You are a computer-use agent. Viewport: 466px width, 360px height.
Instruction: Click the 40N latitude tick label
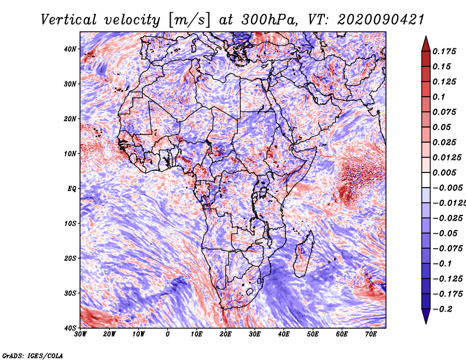[x=70, y=49]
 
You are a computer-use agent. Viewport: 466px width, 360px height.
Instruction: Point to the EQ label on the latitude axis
[x=72, y=189]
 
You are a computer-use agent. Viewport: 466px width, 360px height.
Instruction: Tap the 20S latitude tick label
[x=70, y=258]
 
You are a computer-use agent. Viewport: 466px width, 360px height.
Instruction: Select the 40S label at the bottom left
[x=70, y=328]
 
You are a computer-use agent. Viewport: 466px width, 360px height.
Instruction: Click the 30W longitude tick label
[x=80, y=334]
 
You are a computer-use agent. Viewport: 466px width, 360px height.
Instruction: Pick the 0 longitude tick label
[x=168, y=334]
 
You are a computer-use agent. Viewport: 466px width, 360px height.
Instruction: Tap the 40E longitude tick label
[x=284, y=334]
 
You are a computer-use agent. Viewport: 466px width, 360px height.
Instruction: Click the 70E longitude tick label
[x=371, y=334]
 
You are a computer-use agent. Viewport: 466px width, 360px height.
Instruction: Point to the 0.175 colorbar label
[x=444, y=51]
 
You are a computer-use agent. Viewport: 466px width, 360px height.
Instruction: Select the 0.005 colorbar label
[x=444, y=172]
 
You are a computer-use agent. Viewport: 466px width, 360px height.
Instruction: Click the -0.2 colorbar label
[x=442, y=309]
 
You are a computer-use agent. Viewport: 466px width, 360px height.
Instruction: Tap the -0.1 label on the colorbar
[x=442, y=264]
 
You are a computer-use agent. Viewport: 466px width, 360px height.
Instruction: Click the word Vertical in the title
[x=68, y=20]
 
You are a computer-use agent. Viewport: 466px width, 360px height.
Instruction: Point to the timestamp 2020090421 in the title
[x=380, y=20]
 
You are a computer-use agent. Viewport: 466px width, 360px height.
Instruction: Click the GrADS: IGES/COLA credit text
[x=33, y=355]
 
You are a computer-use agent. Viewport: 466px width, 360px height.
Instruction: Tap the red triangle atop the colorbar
[x=426, y=44]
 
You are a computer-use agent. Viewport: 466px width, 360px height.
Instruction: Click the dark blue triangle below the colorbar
[x=426, y=316]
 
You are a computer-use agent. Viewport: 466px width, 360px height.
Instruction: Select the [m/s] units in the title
[x=189, y=20]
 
